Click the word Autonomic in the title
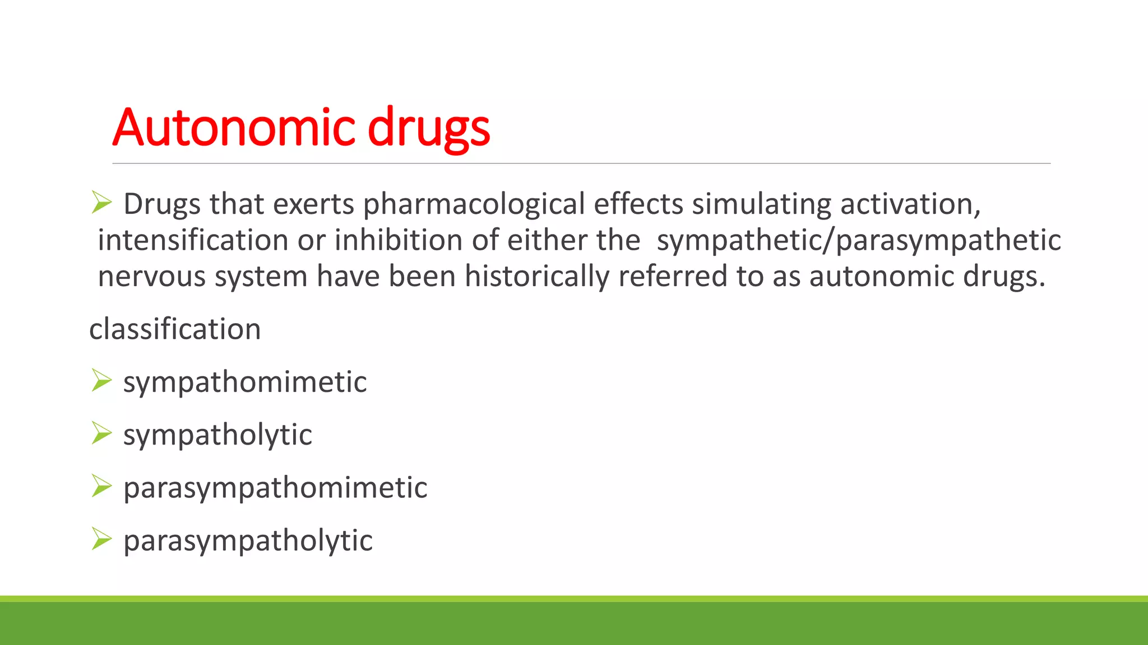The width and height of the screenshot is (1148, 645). pos(234,128)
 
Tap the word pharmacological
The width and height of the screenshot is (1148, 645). pos(474,204)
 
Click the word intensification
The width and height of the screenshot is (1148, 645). pos(193,240)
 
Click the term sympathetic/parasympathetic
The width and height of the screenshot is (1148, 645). pos(859,241)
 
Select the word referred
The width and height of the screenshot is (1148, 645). pos(673,276)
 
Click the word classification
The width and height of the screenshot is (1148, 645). pos(175,329)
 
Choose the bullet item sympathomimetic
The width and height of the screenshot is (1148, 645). pos(245,382)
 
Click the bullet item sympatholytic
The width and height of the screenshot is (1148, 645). pos(217,435)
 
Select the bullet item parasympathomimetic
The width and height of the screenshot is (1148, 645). pos(275,488)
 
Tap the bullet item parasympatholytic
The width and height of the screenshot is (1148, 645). pos(248,541)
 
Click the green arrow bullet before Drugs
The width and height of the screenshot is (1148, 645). pos(101,202)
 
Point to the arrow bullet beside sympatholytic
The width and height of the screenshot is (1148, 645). pos(101,433)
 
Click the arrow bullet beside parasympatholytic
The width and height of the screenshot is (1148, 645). pos(101,539)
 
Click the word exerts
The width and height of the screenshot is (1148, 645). pos(313,204)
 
